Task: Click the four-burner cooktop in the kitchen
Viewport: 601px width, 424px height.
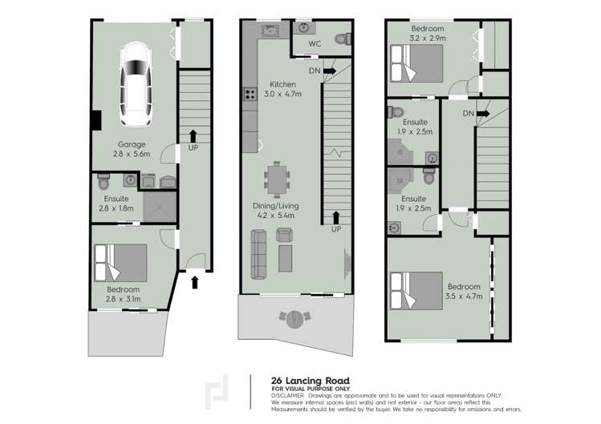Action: (x=250, y=94)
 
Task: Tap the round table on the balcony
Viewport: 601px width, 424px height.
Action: (x=296, y=320)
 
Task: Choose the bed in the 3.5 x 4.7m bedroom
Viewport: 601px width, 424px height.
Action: (x=416, y=291)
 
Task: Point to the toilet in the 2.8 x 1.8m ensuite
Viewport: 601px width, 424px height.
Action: (x=104, y=182)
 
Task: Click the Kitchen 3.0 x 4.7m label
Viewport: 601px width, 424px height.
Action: (x=282, y=89)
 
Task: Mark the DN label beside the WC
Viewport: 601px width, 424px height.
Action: (x=315, y=71)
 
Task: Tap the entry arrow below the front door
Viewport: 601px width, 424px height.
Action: (x=194, y=282)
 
